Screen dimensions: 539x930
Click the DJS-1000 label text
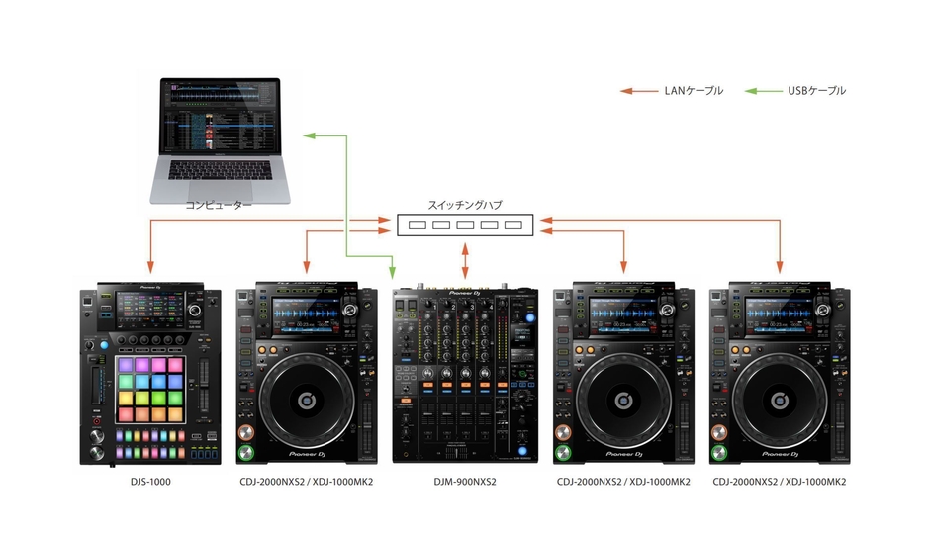[x=151, y=482]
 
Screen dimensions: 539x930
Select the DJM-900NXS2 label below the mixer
[x=464, y=482]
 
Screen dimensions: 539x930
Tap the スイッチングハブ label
[x=464, y=205]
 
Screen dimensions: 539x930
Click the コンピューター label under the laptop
[x=220, y=205]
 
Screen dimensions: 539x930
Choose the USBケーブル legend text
[x=816, y=91]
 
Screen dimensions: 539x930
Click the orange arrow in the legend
[x=639, y=91]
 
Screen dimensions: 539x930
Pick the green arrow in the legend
[x=763, y=91]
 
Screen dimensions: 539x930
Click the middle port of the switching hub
[x=465, y=225]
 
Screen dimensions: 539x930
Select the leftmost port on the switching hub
[x=418, y=225]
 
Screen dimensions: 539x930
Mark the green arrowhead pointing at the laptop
[x=310, y=135]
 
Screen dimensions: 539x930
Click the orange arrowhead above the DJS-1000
[x=150, y=266]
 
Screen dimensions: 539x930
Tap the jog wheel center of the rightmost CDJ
[x=779, y=400]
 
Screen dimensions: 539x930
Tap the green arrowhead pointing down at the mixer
[x=393, y=272]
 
